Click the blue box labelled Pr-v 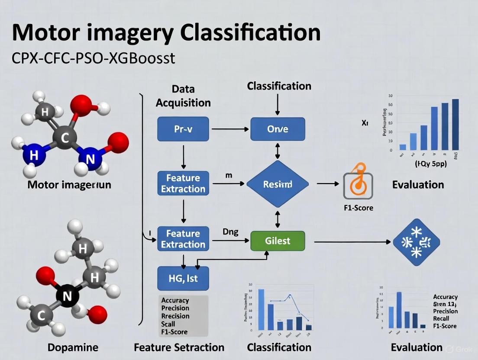(183, 129)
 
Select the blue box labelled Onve (278, 129)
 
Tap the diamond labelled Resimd (278, 184)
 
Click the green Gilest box (278, 241)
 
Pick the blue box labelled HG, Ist (183, 279)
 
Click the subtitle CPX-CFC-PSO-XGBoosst (94, 58)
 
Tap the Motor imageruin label (69, 185)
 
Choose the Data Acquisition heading (183, 96)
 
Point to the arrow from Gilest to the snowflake (353, 242)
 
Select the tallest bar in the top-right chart (455, 125)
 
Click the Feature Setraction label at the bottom (179, 347)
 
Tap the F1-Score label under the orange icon (358, 208)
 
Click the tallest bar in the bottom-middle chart (261, 310)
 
